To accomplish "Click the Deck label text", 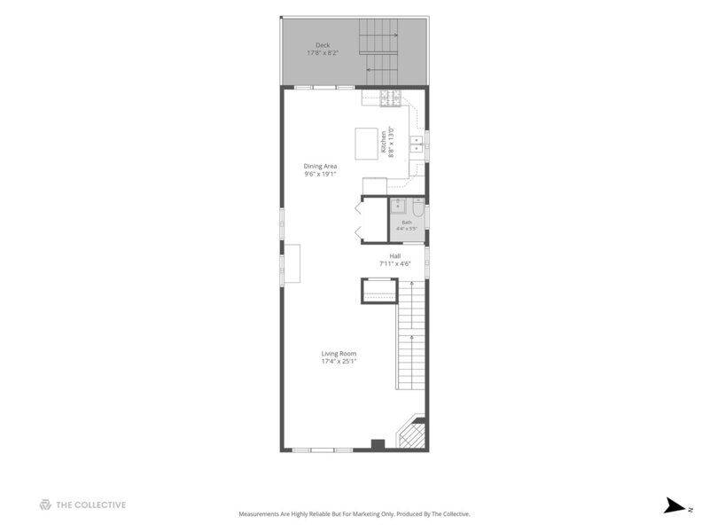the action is [x=323, y=45].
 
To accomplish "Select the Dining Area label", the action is [x=320, y=166].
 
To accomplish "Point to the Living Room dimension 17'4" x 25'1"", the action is [x=339, y=361].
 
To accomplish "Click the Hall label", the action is [x=395, y=256].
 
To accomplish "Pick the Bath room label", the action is [x=407, y=223].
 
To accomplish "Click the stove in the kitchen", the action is [x=391, y=98].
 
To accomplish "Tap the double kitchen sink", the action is [x=417, y=145].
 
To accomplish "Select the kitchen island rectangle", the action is [x=366, y=144].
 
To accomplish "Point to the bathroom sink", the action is [x=398, y=206].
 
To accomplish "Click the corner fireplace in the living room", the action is [x=412, y=433].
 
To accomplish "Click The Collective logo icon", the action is [x=45, y=505].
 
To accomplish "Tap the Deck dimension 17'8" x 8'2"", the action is [x=323, y=53].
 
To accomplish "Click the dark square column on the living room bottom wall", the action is [x=378, y=444].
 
